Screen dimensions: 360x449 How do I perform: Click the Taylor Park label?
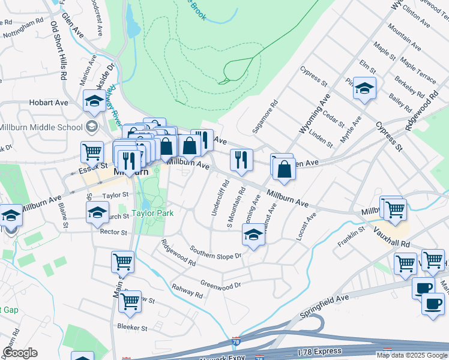pyautogui.click(x=152, y=213)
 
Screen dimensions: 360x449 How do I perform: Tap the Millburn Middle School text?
pyautogui.click(x=41, y=127)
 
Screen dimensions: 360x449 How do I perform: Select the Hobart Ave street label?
pyautogui.click(x=49, y=103)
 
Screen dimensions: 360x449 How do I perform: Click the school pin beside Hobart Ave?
pyautogui.click(x=94, y=103)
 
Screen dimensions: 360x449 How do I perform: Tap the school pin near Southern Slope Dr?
pyautogui.click(x=253, y=236)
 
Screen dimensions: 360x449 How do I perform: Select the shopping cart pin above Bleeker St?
pyautogui.click(x=130, y=304)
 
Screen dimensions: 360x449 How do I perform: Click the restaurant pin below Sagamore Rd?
pyautogui.click(x=241, y=160)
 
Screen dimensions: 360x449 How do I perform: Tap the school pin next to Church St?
pyautogui.click(x=97, y=213)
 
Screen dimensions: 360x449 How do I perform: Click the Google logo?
pyautogui.click(x=20, y=353)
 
